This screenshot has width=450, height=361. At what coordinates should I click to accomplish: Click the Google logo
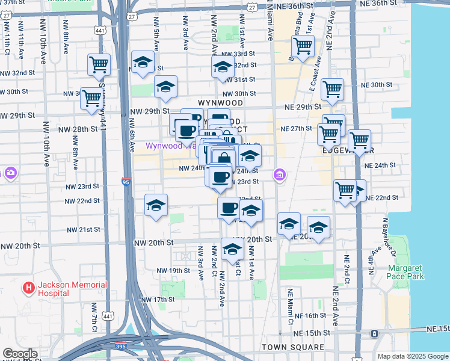click(20, 354)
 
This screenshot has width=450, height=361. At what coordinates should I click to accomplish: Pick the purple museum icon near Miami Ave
click(279, 175)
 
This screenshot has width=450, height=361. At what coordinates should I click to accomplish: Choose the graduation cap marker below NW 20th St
click(232, 249)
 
